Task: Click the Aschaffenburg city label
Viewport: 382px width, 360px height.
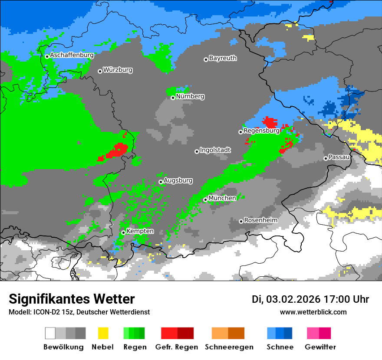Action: [72, 55]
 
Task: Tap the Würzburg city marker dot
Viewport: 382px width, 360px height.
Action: [100, 71]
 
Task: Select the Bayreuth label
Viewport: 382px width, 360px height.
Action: [223, 58]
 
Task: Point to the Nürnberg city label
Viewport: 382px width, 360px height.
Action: [190, 96]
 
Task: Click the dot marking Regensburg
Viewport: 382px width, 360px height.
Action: [240, 132]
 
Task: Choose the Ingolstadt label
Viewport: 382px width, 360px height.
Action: [215, 150]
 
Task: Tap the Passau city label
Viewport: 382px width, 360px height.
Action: [339, 157]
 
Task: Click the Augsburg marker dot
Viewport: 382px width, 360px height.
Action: [161, 182]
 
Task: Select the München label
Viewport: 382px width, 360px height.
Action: [222, 198]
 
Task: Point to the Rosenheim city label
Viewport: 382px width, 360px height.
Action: [260, 220]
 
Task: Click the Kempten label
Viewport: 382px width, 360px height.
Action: [140, 231]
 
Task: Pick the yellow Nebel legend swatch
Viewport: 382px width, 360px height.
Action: [103, 333]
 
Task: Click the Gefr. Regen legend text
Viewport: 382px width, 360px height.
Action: [177, 347]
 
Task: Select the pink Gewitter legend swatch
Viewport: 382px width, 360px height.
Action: [313, 333]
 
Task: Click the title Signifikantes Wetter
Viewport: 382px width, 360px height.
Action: [72, 299]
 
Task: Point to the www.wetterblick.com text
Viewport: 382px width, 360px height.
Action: [313, 312]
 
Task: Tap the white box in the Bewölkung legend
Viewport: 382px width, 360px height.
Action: [50, 333]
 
